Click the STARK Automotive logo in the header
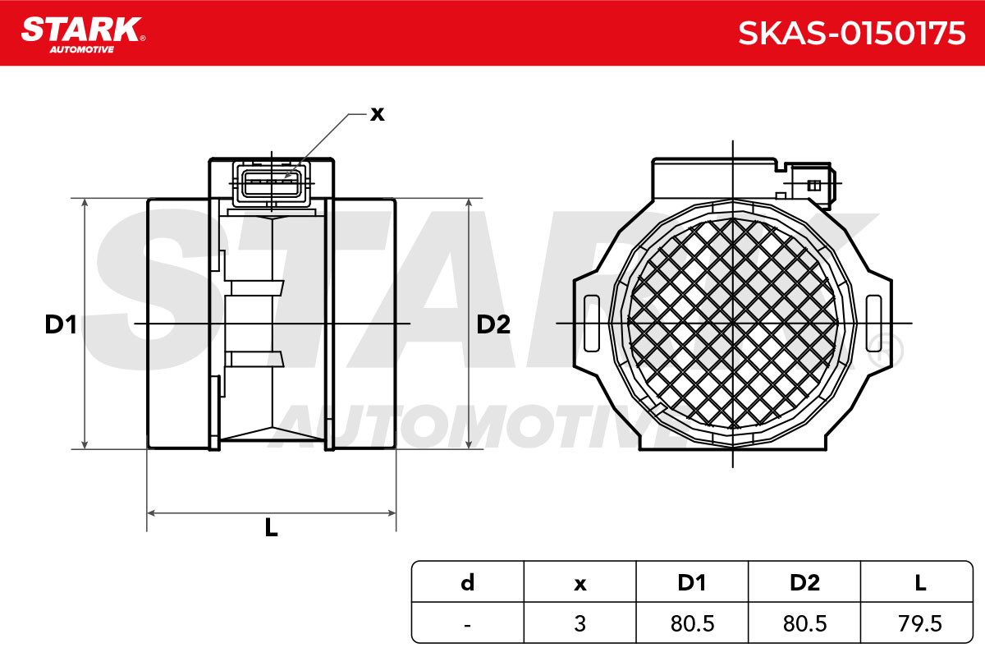pos(84,34)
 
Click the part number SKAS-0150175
pos(851,34)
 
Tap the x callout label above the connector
pos(378,114)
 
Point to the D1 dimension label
pos(61,324)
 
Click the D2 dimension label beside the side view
pos(493,324)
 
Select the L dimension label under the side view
pos(272,527)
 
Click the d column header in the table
pos(467,582)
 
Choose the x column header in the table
pos(580,584)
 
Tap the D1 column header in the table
pos(692,582)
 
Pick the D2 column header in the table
pos(804,582)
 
